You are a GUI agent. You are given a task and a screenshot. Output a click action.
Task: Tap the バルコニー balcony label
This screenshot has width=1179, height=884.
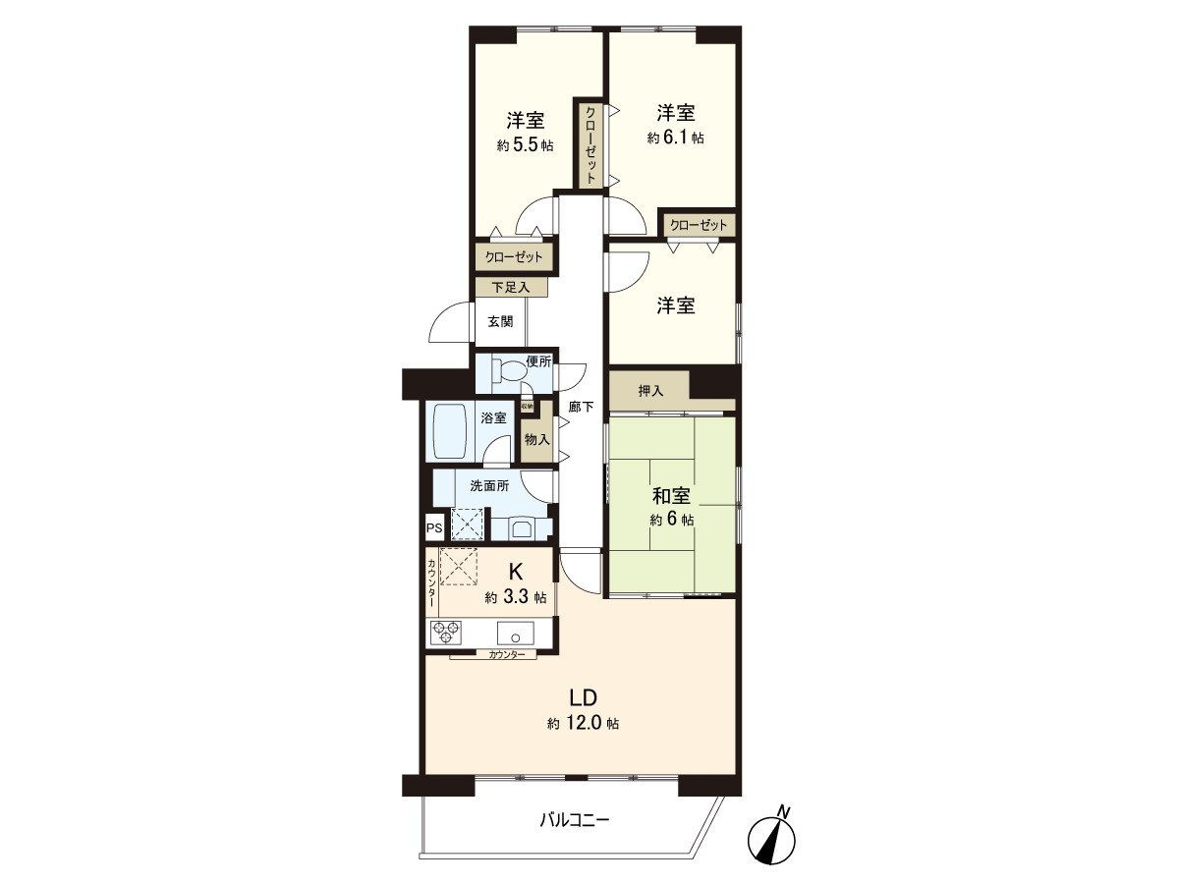[x=574, y=819]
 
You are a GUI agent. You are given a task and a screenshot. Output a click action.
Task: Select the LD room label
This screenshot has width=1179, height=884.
[x=584, y=698]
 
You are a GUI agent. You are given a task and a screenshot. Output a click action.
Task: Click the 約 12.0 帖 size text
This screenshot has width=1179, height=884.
[x=584, y=724]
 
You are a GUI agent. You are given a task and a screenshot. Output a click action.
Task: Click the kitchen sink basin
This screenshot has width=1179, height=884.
[x=515, y=632]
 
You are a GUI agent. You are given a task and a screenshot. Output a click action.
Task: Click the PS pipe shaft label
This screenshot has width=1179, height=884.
[x=433, y=527]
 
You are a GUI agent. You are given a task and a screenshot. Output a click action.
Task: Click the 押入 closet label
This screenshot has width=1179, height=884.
[x=650, y=391]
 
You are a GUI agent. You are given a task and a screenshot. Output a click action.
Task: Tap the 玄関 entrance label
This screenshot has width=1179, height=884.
[x=500, y=321]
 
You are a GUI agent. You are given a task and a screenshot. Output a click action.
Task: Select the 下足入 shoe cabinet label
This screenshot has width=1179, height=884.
[x=511, y=288]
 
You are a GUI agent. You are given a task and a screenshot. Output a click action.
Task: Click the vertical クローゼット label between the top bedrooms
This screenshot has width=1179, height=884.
[x=590, y=145]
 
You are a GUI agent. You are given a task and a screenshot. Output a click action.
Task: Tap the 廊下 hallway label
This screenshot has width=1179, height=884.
[x=581, y=406]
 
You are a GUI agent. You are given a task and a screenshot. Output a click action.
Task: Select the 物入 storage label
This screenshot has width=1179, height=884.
[x=535, y=441]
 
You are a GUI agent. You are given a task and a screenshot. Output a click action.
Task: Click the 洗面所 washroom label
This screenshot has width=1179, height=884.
[x=488, y=485]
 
